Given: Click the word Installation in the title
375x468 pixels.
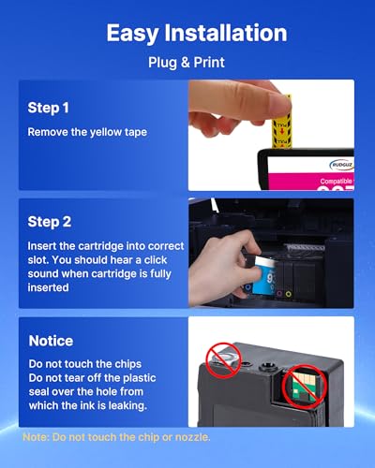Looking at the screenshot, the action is pos(226,33).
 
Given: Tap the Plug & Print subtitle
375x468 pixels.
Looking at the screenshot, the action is pos(187,63).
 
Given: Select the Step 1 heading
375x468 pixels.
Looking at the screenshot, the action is pos(48,108).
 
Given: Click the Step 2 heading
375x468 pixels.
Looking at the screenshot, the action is pos(50,222).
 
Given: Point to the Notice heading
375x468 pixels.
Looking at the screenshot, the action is pos(51,341).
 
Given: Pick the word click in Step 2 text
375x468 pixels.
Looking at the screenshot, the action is pos(156,260).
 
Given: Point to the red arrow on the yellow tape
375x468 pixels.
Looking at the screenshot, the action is pos(282,130).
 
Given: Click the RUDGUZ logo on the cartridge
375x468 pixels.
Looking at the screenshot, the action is pos(341,165).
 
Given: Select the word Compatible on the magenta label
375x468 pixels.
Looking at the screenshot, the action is pos(336,181).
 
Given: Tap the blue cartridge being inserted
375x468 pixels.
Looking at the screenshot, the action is pos(264,276).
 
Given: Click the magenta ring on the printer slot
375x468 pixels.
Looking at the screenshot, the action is pos(279,294).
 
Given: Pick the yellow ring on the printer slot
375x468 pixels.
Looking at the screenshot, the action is pos(289,294).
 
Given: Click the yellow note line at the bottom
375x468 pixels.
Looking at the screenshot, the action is pos(116,437).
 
